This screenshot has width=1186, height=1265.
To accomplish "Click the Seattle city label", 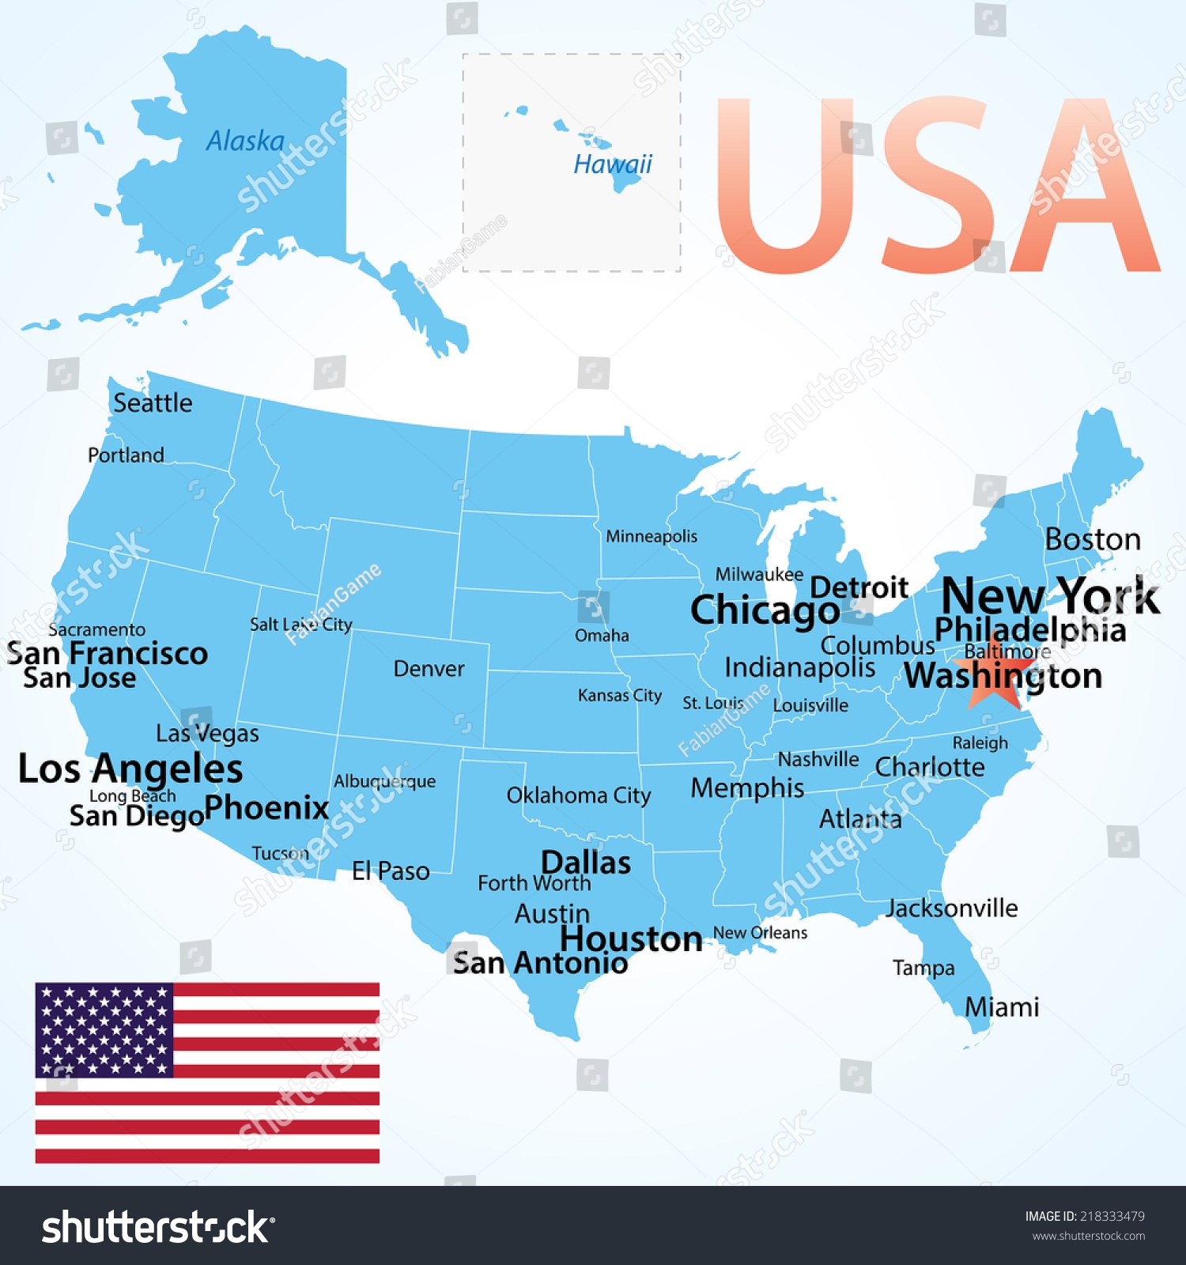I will tap(153, 403).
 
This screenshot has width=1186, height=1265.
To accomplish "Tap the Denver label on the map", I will tap(429, 669).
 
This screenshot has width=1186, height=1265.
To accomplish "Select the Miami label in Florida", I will tap(1001, 1007).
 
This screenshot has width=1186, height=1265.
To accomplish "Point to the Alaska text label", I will tap(245, 141).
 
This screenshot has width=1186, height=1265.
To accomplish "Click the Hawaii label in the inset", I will tap(613, 164).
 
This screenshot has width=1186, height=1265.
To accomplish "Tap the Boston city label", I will tap(1093, 539).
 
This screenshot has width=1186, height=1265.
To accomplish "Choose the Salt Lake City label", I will tap(300, 625).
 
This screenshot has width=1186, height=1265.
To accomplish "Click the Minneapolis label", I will tap(652, 537).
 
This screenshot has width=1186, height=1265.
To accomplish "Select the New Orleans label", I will tap(760, 933).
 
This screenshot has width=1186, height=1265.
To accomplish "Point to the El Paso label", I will tap(391, 871).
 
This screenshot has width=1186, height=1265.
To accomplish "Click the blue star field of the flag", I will tap(104, 1029).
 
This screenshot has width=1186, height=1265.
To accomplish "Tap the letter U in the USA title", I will tap(785, 186).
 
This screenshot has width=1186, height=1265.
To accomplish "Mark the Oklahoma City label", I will tap(578, 795).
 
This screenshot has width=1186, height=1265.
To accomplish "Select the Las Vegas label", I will tap(207, 734).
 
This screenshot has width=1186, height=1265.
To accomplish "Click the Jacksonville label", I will tap(951, 908).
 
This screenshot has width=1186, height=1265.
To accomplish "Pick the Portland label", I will tap(126, 455).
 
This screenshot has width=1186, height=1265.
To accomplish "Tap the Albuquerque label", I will tap(384, 781).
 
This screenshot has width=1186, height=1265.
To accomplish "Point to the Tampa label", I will tap(923, 968).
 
